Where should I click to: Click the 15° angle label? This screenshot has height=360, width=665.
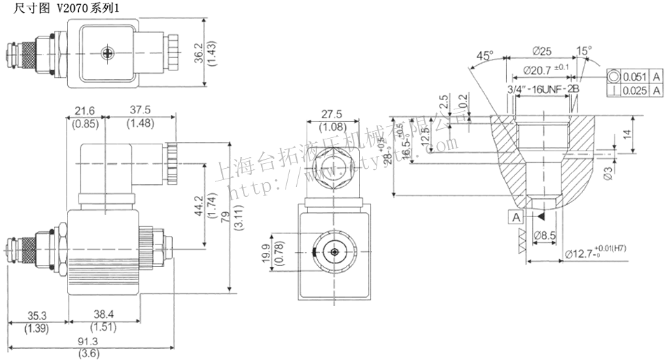click(x=584, y=50)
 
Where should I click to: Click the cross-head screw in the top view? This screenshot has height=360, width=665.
click(x=107, y=53)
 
